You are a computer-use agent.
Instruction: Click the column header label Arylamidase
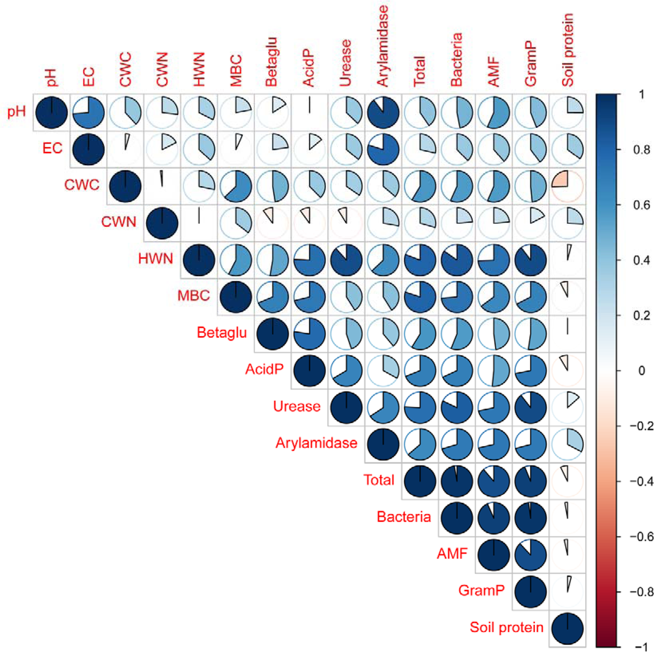coord(382,46)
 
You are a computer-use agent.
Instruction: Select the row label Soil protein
coord(506,628)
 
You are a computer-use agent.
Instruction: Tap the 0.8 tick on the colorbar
coord(641,150)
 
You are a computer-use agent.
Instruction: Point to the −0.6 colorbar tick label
coord(641,537)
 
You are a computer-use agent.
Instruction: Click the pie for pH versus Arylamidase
coord(383,112)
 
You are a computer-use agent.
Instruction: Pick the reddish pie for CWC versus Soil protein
coord(567,186)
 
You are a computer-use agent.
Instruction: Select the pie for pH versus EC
coord(88,112)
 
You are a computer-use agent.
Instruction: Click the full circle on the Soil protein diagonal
coord(567,628)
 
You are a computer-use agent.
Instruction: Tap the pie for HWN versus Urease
coord(346,260)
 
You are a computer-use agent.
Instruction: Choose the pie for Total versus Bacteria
coord(457,481)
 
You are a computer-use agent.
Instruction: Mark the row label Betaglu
coord(222,332)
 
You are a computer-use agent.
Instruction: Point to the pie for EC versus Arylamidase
coord(383,149)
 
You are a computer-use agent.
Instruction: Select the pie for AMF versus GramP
coord(530,555)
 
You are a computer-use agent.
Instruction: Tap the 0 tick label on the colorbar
coord(641,371)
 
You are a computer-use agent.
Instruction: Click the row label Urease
coord(297,406)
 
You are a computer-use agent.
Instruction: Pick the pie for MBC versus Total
coord(420,296)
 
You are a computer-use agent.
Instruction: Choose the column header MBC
coord(236,70)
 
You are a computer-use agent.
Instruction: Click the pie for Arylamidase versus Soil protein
coord(567,444)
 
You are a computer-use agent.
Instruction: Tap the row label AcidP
coord(264,369)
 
